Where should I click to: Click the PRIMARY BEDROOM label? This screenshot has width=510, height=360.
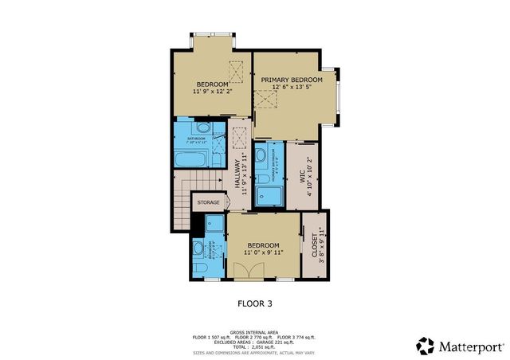(x=292, y=80)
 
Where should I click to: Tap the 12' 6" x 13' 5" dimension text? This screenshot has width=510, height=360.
(x=292, y=89)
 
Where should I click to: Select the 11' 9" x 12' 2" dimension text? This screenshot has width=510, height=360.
(x=213, y=92)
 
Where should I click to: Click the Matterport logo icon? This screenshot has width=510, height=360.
(x=426, y=346)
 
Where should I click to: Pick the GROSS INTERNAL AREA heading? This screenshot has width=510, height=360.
(x=254, y=331)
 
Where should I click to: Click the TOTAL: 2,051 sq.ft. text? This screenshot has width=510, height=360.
(x=254, y=346)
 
